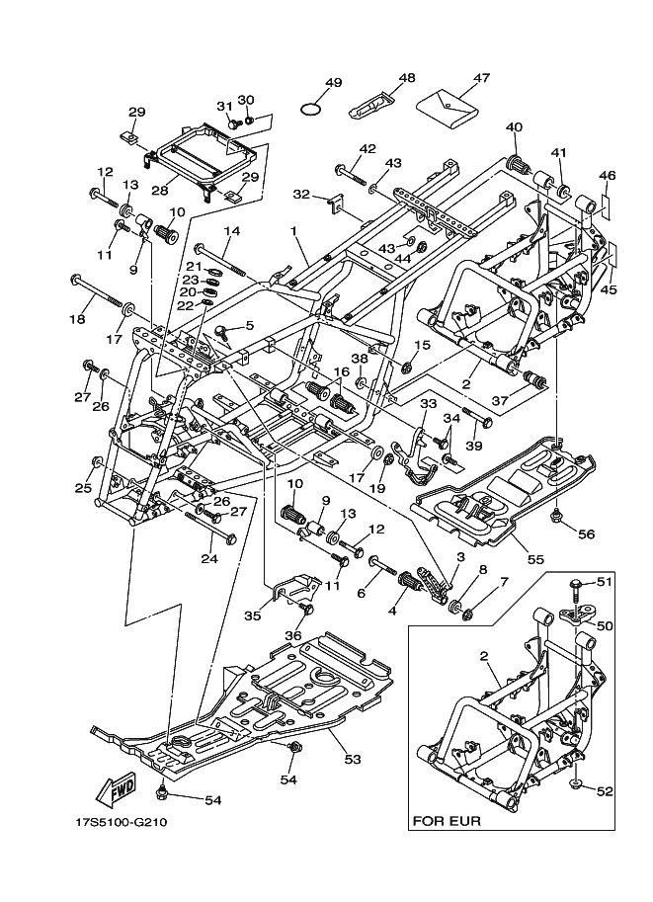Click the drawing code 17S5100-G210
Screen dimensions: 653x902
coord(118,823)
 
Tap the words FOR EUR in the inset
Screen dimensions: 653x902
coord(447,821)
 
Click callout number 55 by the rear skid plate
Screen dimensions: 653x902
coord(535,558)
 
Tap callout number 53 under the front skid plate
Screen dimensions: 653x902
coord(352,760)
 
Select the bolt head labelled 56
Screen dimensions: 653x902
coord(556,515)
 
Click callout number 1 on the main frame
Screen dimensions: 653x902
coord(293,230)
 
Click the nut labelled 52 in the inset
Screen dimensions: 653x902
coord(578,784)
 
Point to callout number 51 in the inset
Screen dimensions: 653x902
coord(604,582)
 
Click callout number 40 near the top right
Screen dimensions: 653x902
coord(514,126)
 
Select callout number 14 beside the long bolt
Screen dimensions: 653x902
coord(231,230)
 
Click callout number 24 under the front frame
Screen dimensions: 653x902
coord(209,558)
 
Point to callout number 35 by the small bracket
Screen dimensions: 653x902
coord(253,615)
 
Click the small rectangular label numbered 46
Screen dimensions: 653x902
coord(606,206)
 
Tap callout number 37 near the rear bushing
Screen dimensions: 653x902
coord(499,399)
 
